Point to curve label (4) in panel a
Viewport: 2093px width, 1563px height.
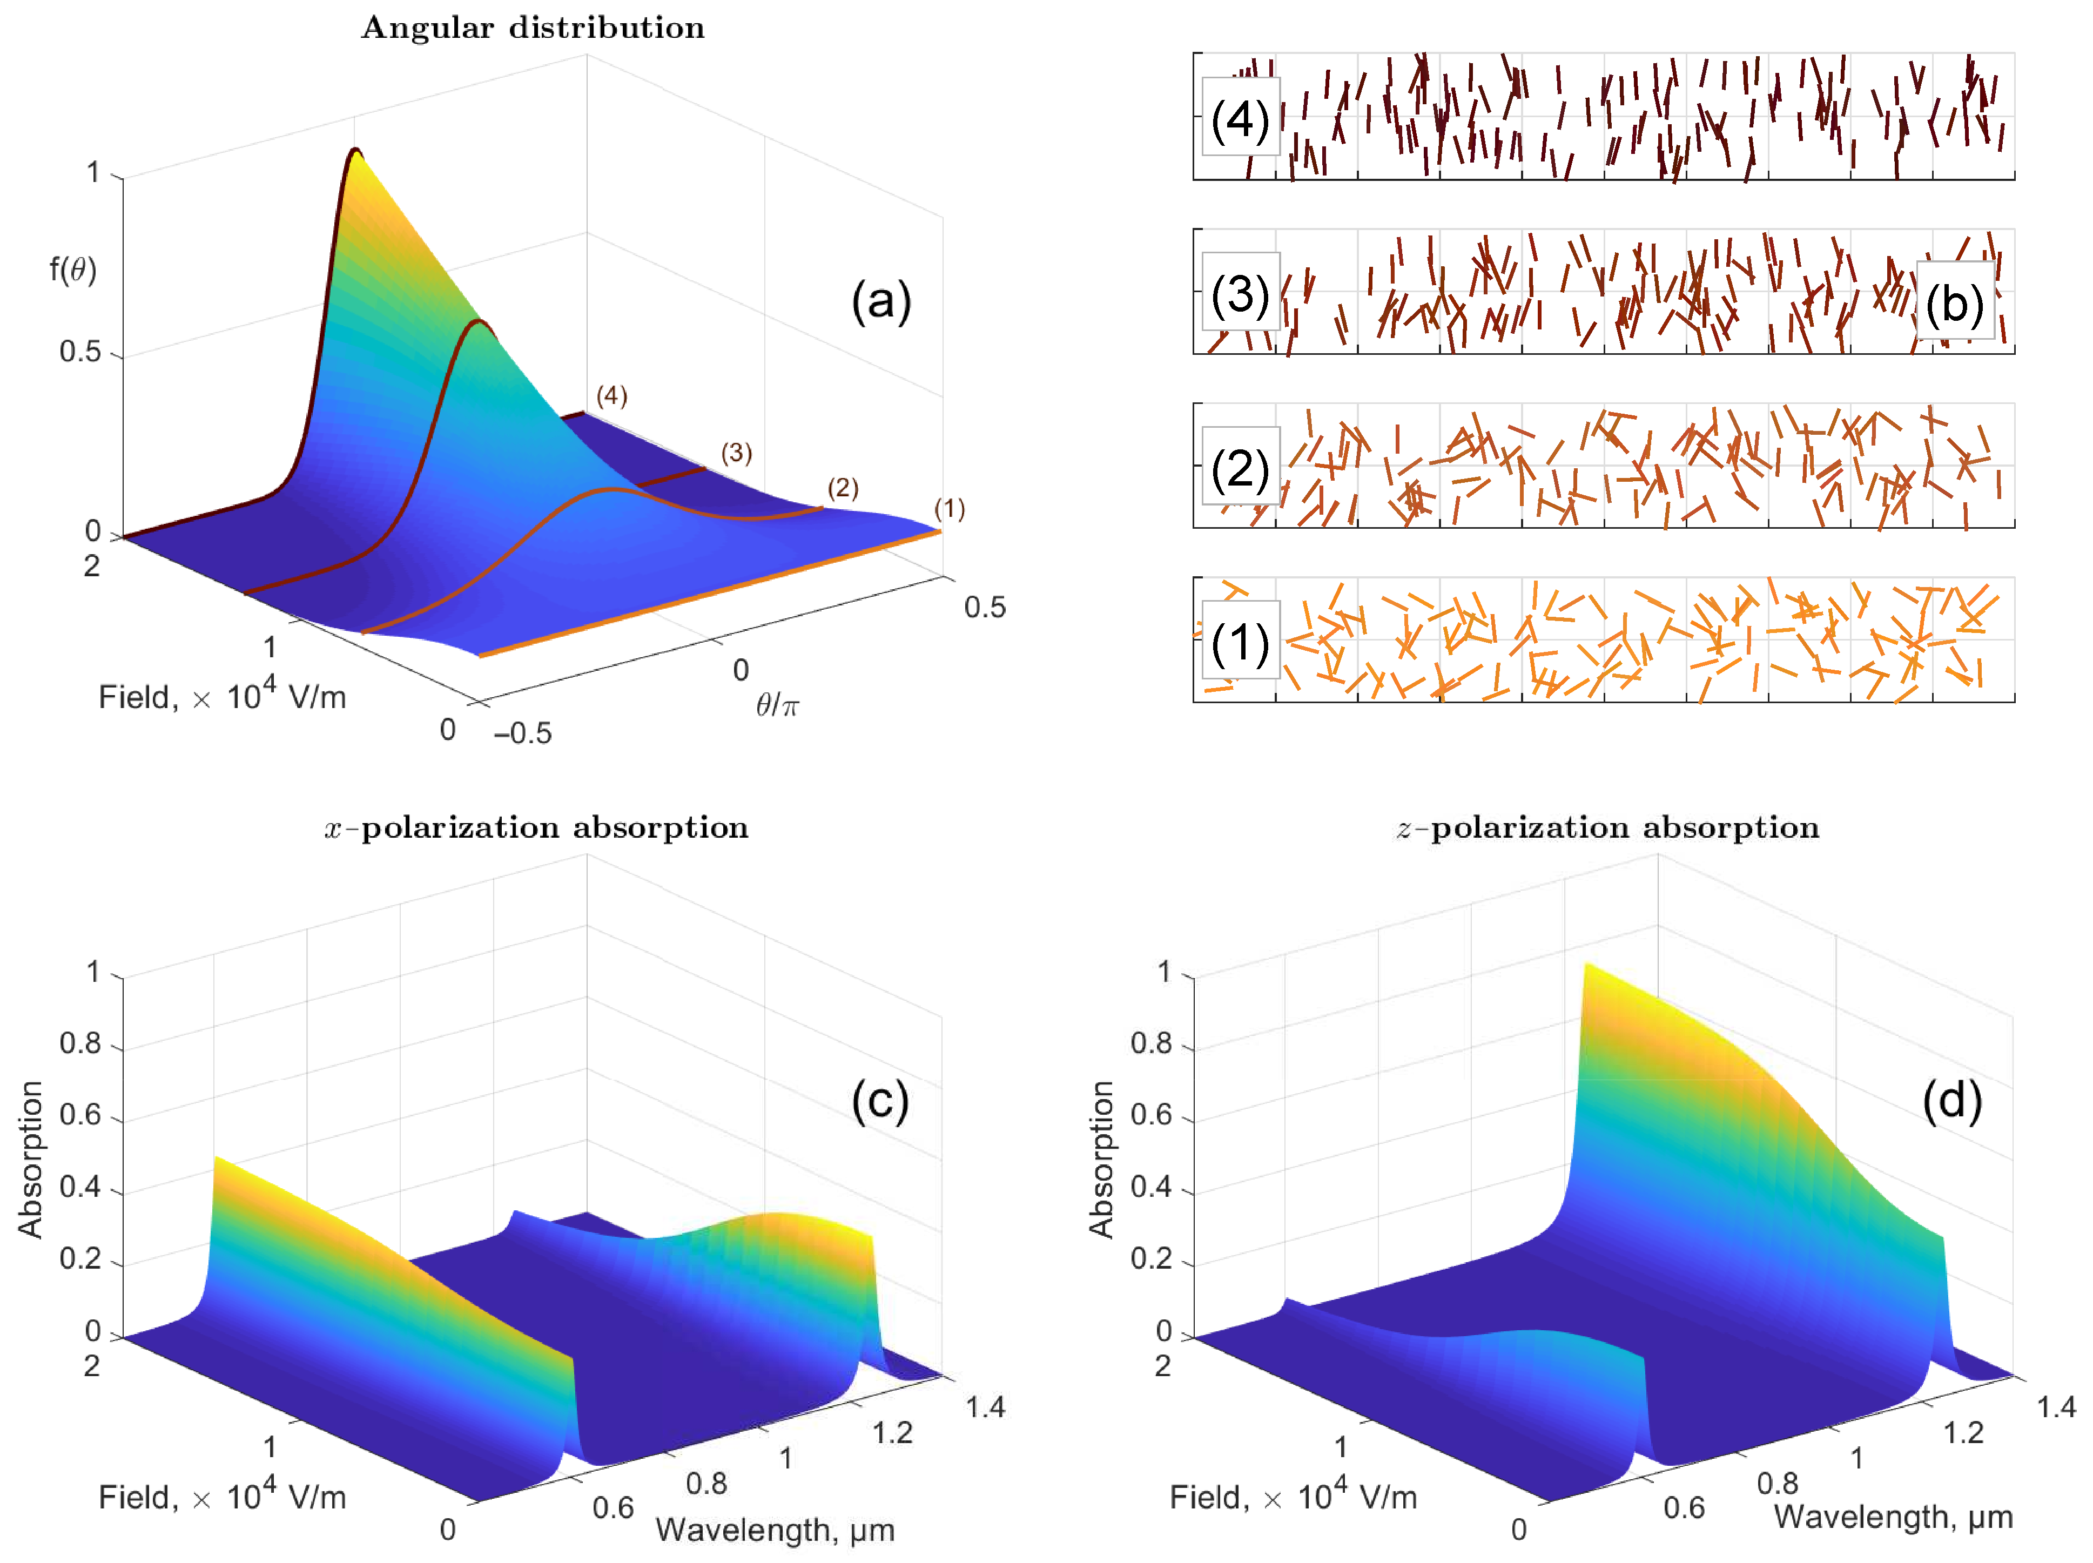pos(611,395)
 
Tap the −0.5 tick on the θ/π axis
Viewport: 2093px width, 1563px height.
pos(522,733)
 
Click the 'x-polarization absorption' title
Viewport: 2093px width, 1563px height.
pos(536,828)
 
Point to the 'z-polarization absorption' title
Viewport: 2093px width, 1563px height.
pos(1607,828)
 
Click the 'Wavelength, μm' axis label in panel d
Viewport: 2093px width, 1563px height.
pos(1893,1517)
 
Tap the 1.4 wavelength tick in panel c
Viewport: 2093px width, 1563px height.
pos(985,1408)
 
